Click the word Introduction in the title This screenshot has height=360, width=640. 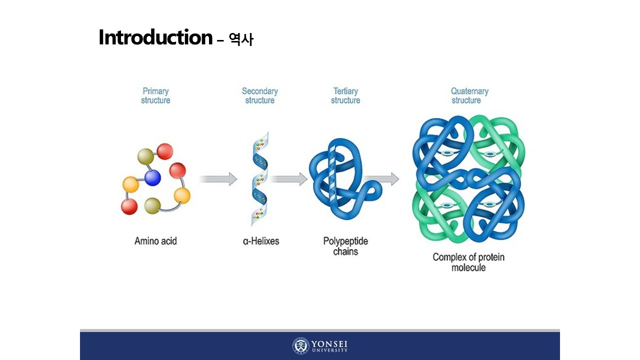(x=155, y=38)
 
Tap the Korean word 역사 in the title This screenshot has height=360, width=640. (x=241, y=39)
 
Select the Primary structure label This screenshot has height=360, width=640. (x=155, y=95)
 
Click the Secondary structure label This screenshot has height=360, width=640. (x=259, y=95)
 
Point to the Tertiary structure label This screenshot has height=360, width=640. (x=345, y=95)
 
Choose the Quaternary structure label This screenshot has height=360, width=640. (x=469, y=95)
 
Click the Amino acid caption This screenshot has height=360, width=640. (x=155, y=241)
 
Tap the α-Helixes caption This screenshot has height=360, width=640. (x=261, y=241)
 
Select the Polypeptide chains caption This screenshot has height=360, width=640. (x=345, y=246)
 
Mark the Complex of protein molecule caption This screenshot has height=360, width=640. (x=468, y=262)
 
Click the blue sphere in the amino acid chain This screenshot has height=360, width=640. (x=152, y=177)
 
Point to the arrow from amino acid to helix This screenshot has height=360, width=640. (x=218, y=179)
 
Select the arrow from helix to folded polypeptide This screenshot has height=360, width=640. (x=289, y=179)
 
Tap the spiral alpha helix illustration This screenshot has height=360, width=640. (x=259, y=179)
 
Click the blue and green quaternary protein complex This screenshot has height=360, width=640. (x=468, y=179)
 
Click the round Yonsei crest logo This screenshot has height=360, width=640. (x=301, y=346)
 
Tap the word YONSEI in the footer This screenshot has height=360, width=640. (x=329, y=344)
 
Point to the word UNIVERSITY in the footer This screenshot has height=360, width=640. (x=329, y=350)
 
